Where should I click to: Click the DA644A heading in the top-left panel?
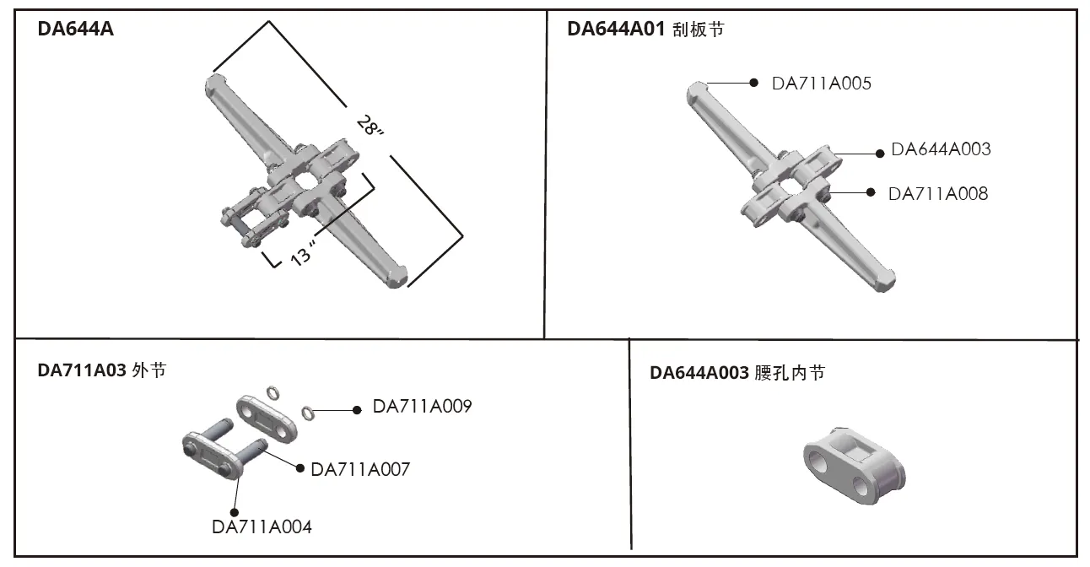[76, 30]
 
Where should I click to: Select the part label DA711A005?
[822, 84]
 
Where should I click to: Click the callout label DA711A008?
[938, 193]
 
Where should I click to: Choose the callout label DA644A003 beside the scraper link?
[941, 149]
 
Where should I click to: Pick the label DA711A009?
[422, 407]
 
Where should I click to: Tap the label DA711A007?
[360, 469]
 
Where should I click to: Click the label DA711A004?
[262, 527]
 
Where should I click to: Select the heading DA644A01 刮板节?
[645, 30]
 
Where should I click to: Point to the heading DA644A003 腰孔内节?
[737, 372]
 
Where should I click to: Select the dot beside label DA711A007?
[299, 467]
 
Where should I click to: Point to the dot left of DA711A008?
[871, 192]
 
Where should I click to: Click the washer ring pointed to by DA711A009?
[309, 413]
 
